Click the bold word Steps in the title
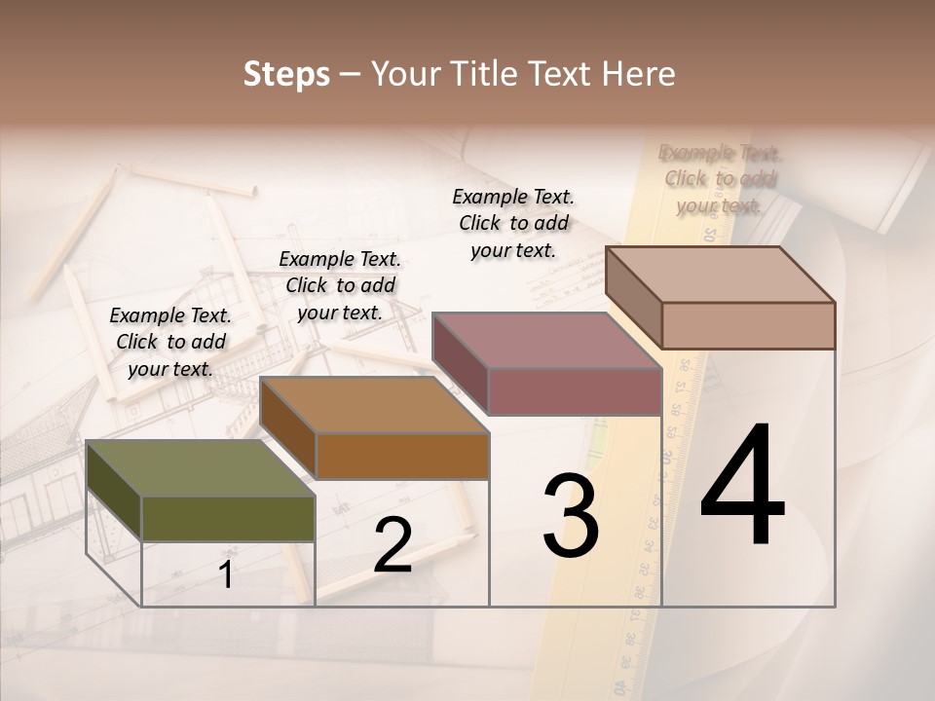click(x=286, y=74)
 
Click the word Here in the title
click(x=639, y=74)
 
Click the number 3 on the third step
click(x=570, y=516)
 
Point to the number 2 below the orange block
click(x=393, y=545)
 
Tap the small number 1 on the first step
click(x=226, y=574)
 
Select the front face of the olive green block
click(x=228, y=518)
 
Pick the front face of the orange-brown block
click(x=402, y=456)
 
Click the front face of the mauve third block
click(x=575, y=392)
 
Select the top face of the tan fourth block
click(x=721, y=275)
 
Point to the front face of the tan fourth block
click(x=748, y=325)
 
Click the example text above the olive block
click(x=170, y=342)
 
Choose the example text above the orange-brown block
click(x=340, y=285)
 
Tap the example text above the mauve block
click(x=513, y=223)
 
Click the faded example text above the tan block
click(x=720, y=179)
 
